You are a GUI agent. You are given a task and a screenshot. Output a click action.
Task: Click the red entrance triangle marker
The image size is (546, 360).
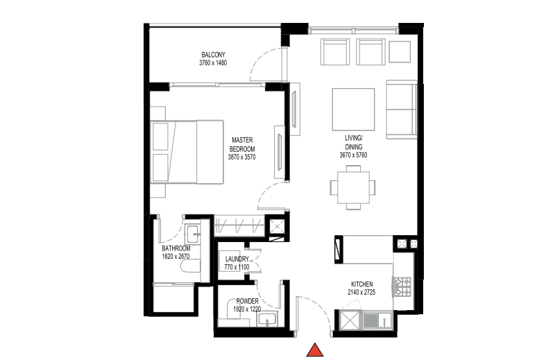(x=315, y=350)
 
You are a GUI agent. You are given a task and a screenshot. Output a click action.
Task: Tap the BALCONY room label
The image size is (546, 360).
(x=213, y=55)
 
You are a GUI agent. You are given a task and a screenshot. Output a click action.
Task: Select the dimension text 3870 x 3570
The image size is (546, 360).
(x=241, y=157)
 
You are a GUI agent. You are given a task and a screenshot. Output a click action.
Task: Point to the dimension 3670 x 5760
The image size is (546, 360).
(x=353, y=155)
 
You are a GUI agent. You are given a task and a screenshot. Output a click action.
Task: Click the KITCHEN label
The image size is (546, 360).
(x=361, y=284)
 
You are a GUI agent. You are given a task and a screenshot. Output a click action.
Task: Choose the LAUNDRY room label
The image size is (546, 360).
(x=237, y=259)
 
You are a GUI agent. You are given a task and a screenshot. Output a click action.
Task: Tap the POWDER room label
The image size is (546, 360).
(x=247, y=301)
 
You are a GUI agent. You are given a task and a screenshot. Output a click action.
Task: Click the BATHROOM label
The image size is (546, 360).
(x=176, y=248)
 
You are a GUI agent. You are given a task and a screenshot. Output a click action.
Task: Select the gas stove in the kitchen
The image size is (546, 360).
(x=402, y=286)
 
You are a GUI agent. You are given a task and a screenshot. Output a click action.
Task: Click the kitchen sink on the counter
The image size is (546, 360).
(x=377, y=320)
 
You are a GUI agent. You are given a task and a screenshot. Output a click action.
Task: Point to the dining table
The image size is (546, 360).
(x=353, y=188)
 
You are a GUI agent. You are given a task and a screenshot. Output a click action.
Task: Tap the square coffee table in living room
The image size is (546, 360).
(x=353, y=110)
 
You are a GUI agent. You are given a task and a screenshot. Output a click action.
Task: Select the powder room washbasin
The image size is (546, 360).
(x=267, y=319)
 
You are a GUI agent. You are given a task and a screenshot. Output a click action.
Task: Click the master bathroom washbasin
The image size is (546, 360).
(x=193, y=234)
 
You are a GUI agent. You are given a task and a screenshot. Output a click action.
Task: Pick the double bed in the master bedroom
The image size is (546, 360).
(x=187, y=152)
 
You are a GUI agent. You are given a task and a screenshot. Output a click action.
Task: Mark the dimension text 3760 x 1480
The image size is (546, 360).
(x=213, y=63)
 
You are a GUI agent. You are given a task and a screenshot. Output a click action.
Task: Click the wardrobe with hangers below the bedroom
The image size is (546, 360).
(x=239, y=226)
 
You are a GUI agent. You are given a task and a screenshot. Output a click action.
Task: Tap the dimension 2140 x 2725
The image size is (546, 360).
(x=361, y=293)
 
